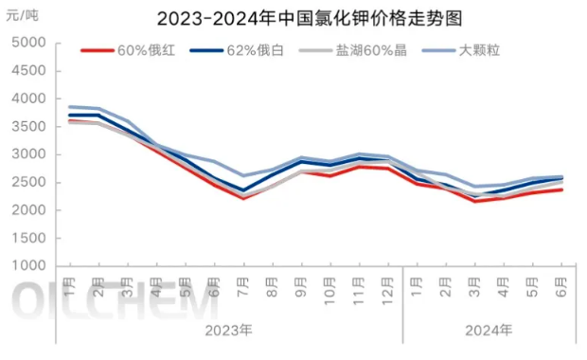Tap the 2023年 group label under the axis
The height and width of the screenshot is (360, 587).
click(229, 330)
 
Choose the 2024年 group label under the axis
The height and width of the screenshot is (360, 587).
click(489, 330)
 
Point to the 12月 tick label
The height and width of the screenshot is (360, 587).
click(387, 288)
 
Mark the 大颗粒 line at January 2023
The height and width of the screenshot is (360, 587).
click(71, 107)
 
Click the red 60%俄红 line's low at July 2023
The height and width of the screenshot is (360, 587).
click(243, 198)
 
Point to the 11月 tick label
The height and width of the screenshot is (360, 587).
click(359, 288)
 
